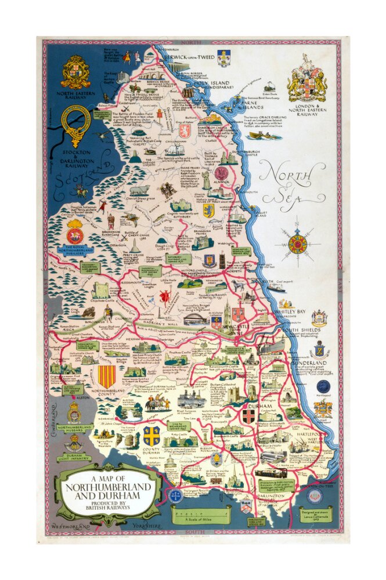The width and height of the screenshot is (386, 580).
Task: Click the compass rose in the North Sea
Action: point(297,244)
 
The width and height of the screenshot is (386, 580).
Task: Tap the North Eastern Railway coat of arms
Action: point(75,73)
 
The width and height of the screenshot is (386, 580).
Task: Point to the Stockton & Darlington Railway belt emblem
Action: point(76,125)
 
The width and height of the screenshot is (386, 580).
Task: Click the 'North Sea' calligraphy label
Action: point(293,180)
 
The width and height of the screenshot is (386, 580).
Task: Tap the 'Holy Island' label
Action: point(215,83)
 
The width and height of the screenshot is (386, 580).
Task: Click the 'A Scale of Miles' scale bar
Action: point(200,513)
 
